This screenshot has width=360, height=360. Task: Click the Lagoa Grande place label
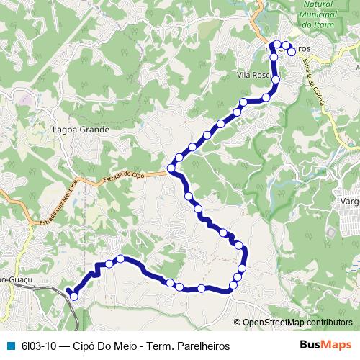pyautogui.click(x=81, y=130)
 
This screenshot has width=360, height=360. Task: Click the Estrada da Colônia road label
pyautogui.click(x=315, y=81)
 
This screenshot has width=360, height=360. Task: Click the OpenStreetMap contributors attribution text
pyautogui.click(x=297, y=322)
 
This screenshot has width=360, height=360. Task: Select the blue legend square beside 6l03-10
pyautogui.click(x=10, y=346)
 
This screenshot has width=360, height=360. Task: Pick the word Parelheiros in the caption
pyautogui.click(x=204, y=346)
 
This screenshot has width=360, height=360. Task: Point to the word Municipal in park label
pyautogui.click(x=316, y=14)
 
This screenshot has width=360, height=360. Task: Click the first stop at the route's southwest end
pyautogui.click(x=73, y=296)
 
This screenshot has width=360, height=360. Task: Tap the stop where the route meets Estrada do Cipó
pyautogui.click(x=171, y=169)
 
